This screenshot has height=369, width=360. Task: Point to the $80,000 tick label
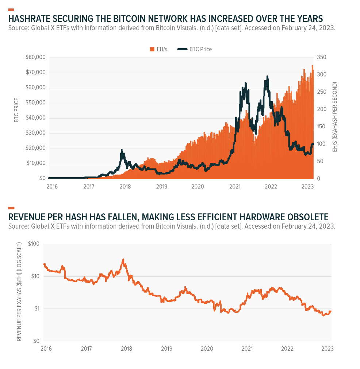point(35,57)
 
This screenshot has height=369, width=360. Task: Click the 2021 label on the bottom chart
point(247,348)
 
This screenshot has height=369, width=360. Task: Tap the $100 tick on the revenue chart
point(33,244)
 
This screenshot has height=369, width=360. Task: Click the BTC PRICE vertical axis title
point(16,110)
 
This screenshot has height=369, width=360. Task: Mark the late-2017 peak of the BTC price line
point(122,150)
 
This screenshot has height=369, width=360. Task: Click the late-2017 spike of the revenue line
point(123,259)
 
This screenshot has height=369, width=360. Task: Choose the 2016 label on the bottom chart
point(46,348)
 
